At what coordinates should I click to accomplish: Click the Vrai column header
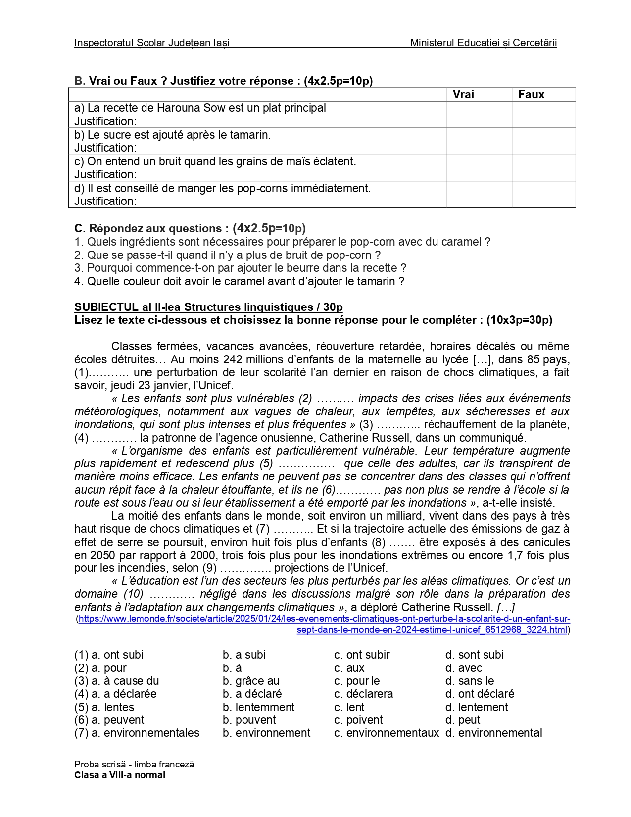coord(463,94)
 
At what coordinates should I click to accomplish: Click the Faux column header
coord(531,94)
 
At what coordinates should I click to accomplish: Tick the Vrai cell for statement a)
coord(479,114)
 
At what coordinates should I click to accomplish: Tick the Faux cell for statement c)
coord(544,168)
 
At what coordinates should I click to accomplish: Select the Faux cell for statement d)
coord(544,195)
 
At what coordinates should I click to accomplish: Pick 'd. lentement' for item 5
coord(476,707)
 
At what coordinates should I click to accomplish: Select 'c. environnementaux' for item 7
coord(386,733)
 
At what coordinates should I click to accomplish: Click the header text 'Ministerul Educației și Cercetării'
coord(483,43)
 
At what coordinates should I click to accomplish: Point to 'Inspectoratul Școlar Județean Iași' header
coord(151,43)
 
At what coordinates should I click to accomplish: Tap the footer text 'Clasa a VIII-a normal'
coord(120,775)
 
